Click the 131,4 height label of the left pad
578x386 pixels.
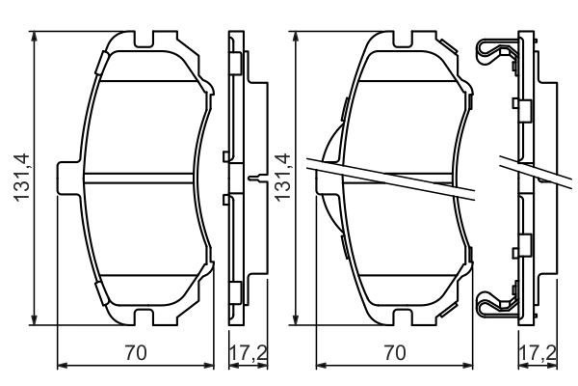(x=21, y=178)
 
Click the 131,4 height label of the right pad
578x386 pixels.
(x=282, y=178)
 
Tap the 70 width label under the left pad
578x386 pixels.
(x=136, y=352)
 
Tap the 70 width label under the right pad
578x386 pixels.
(x=395, y=352)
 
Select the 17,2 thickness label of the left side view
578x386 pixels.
(x=249, y=353)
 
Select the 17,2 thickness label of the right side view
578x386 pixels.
(x=538, y=353)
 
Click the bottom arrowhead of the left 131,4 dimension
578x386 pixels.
(x=35, y=319)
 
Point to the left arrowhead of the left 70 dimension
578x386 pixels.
(x=63, y=366)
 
